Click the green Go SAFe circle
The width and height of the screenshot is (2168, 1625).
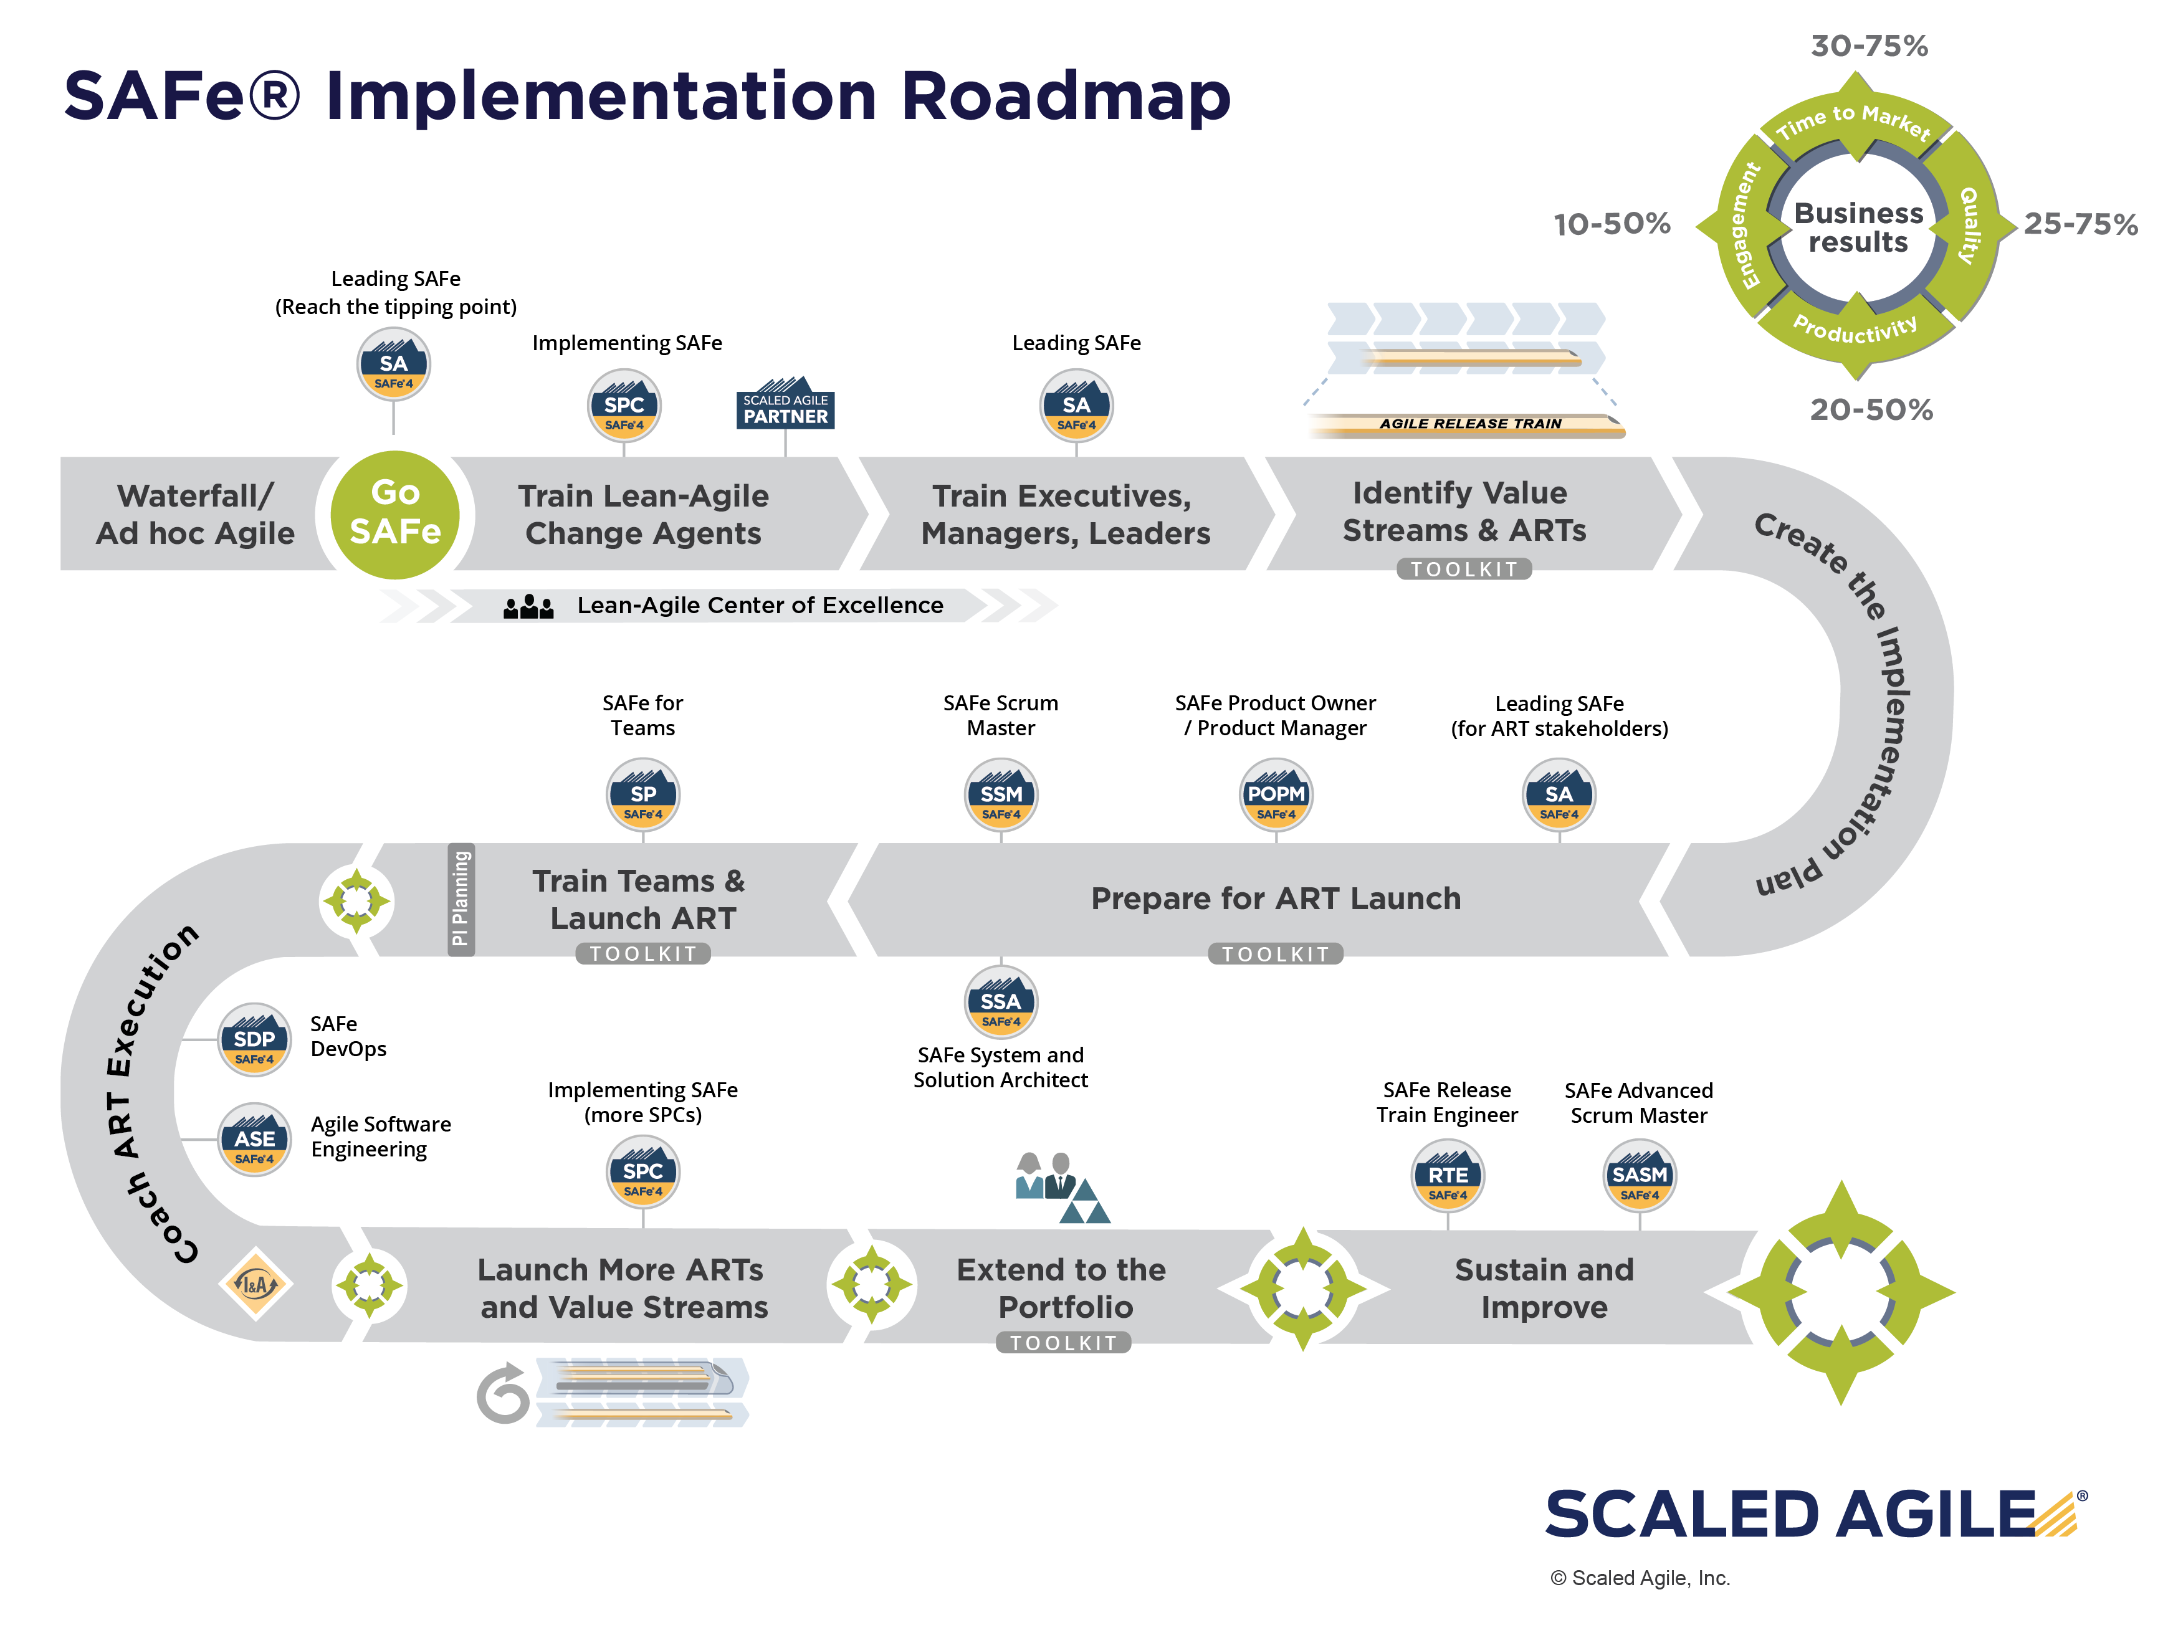(395, 515)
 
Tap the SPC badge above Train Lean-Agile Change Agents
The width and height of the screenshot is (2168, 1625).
(624, 406)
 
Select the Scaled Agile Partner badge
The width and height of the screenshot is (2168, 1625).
(785, 403)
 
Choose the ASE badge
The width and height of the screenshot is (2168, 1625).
(254, 1140)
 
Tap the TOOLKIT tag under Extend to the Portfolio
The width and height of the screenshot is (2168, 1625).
(1063, 1343)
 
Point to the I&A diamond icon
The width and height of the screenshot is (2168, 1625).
(255, 1284)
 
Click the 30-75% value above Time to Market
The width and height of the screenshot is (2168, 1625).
(1869, 46)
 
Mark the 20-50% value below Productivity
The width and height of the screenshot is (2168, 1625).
(1871, 410)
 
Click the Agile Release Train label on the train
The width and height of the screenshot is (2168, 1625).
(1470, 424)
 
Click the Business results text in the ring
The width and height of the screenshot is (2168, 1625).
(1858, 227)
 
